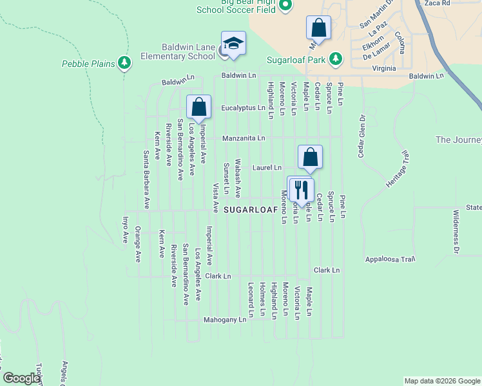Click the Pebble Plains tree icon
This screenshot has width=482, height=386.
point(124,63)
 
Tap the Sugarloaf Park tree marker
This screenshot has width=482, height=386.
point(335,59)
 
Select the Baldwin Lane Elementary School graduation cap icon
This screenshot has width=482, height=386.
point(233,44)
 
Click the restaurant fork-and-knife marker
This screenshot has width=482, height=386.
point(301,188)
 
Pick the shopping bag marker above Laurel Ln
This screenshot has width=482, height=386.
point(310,157)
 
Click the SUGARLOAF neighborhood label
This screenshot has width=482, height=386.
point(251,210)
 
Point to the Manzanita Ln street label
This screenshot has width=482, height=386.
point(244,138)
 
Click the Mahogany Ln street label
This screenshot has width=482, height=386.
point(225,319)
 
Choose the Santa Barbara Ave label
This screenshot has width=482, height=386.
point(147,179)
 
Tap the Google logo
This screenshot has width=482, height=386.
point(21,378)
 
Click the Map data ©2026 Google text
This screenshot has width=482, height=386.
point(441,381)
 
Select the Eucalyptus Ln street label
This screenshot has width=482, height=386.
point(244,108)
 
